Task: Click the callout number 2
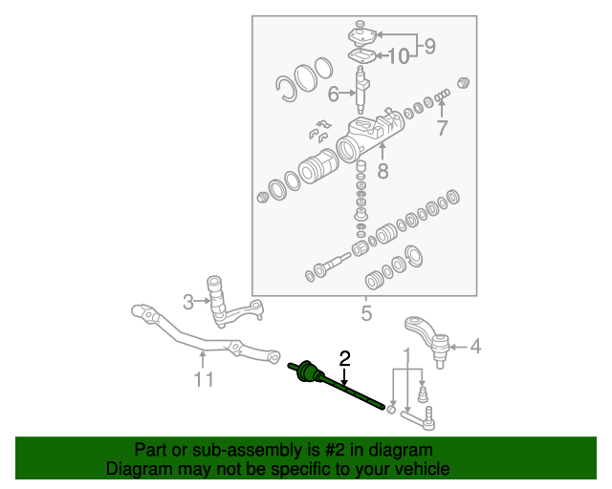345,358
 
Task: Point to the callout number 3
188,302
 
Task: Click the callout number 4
475,348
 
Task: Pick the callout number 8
382,172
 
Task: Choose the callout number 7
441,129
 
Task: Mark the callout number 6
334,94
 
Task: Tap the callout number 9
429,45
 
